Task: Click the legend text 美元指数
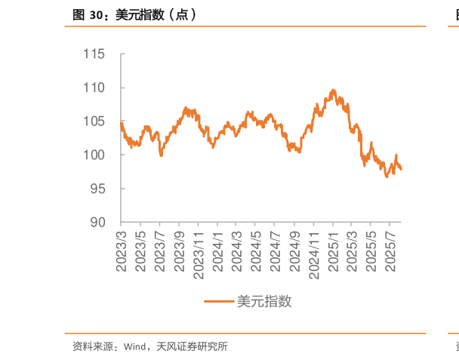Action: [x=264, y=301]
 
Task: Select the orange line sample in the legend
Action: [x=219, y=301]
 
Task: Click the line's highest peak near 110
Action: [x=333, y=90]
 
